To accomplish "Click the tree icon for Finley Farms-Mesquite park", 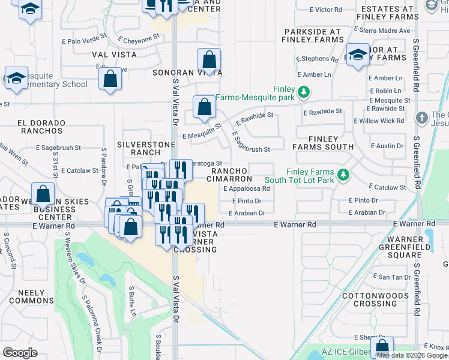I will tap(304, 92).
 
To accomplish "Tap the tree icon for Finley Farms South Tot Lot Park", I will tap(343, 175).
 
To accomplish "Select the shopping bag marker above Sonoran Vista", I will tap(209, 60).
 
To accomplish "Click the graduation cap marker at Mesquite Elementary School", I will tap(16, 78).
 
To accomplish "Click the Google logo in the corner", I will tap(20, 353).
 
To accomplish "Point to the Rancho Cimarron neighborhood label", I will tap(230, 175).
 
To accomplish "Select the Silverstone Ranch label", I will tap(139, 148).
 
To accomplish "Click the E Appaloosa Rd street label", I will tap(246, 188).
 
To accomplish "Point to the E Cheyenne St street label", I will tap(139, 38).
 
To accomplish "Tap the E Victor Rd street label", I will tap(325, 10).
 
